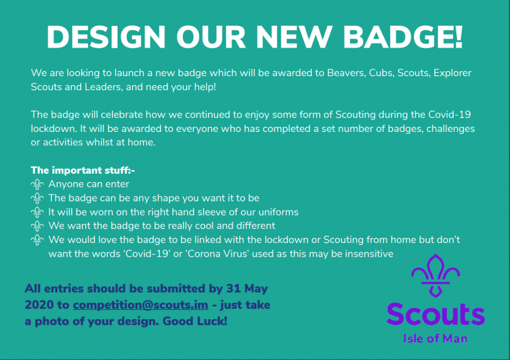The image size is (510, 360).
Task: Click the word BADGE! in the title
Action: pyautogui.click(x=402, y=37)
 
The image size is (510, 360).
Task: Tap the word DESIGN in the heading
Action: pyautogui.click(x=106, y=37)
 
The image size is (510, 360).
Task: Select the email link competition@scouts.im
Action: pyautogui.click(x=140, y=305)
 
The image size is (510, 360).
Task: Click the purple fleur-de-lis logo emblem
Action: pyautogui.click(x=435, y=275)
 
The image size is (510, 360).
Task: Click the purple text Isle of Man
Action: pyautogui.click(x=435, y=339)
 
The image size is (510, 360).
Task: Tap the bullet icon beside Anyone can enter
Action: pyautogui.click(x=37, y=184)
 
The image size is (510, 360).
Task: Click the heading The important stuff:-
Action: pyautogui.click(x=83, y=170)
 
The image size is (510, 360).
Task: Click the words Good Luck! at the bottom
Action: pyautogui.click(x=195, y=321)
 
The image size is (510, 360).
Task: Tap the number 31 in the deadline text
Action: pyautogui.click(x=233, y=288)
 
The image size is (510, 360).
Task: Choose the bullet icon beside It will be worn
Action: pyautogui.click(x=37, y=212)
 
